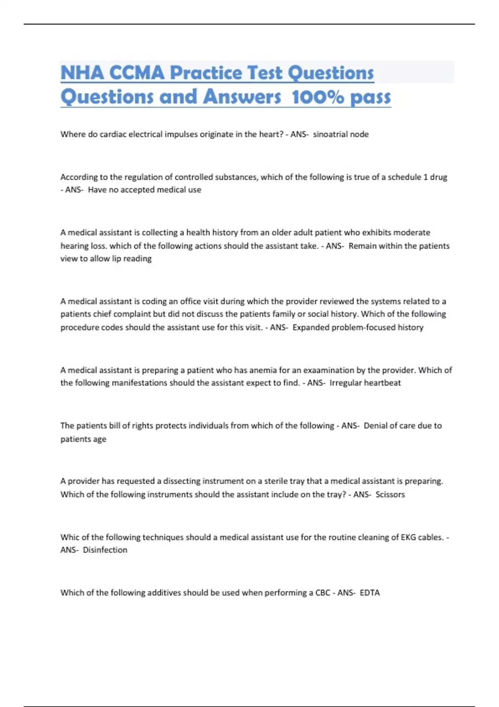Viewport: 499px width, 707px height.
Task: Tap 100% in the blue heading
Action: [318, 97]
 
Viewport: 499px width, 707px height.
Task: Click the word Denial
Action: [375, 426]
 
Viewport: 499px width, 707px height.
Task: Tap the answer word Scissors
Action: [390, 494]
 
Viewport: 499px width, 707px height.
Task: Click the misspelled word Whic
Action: [69, 537]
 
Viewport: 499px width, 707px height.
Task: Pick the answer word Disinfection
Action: [105, 550]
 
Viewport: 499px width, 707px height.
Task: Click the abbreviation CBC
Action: [323, 593]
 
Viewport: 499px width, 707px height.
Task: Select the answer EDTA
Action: [370, 593]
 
